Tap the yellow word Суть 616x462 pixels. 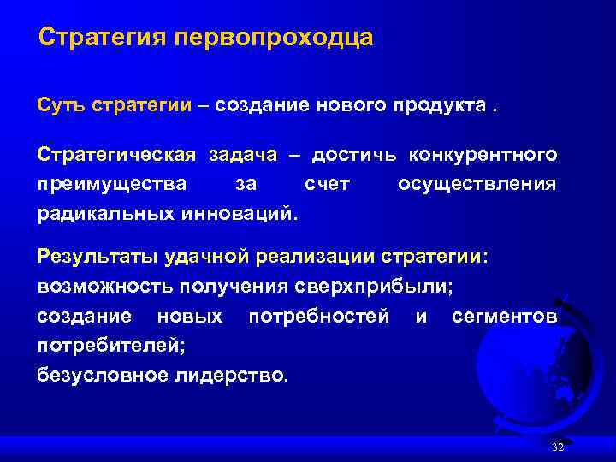click(60, 105)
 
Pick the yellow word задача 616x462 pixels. click(241, 155)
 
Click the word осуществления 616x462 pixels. click(477, 183)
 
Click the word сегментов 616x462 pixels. click(504, 316)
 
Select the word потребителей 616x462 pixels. click(110, 345)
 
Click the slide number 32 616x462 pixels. click(558, 448)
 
